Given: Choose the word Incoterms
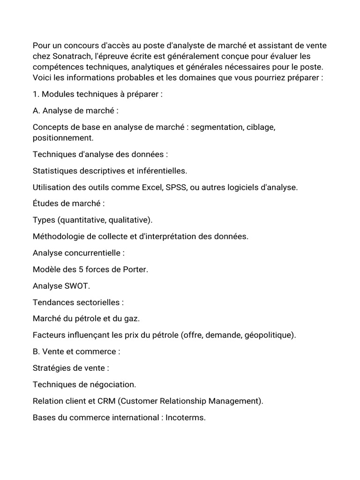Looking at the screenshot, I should tap(186, 417).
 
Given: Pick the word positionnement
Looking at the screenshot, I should tap(63, 138).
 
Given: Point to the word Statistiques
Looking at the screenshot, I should tap(55, 171).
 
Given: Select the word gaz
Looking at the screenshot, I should tap(131, 318).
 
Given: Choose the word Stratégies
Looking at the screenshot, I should tap(52, 368).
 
